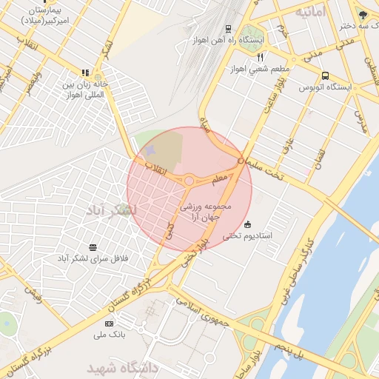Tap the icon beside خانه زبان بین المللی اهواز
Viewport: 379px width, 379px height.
[x=86, y=73]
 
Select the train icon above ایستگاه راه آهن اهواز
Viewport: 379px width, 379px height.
[x=228, y=29]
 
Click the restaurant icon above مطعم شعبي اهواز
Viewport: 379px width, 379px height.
[x=260, y=57]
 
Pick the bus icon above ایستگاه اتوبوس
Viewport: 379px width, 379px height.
[x=326, y=76]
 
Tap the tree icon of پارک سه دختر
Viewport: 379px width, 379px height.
[x=362, y=13]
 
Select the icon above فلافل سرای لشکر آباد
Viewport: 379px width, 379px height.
[x=93, y=246]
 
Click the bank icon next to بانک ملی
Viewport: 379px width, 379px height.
[x=110, y=323]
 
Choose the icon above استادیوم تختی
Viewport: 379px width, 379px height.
[x=247, y=224]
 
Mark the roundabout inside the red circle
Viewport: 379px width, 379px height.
[x=189, y=180]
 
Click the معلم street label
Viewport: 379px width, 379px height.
[x=220, y=178]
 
